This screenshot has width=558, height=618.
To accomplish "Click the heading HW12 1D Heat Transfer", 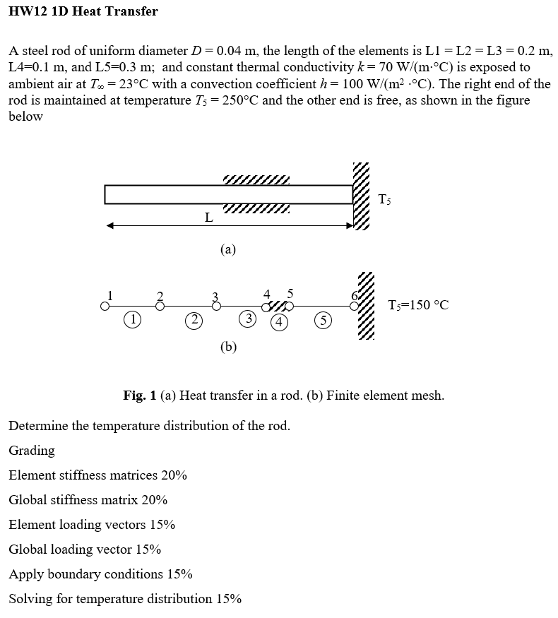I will pos(83,11).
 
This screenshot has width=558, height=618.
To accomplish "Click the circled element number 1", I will pos(131,319).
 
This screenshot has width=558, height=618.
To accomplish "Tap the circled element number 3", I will pos(247,319).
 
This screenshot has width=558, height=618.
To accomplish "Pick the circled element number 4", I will pos(280,322).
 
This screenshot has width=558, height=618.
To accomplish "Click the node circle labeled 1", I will pos(105,307).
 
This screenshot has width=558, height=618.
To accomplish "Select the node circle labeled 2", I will pos(160,307).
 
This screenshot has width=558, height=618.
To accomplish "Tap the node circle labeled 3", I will pos(216,307).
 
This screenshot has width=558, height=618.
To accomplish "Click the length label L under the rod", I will pos(208,218).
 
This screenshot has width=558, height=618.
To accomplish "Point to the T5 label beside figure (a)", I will pos(384,199).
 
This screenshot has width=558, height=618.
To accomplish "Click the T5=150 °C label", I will pos(418,305).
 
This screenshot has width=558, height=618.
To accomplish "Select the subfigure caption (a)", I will pos(228,249).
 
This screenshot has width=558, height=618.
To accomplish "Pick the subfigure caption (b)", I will pos(228,346).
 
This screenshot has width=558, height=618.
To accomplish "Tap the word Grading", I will pos(32,451).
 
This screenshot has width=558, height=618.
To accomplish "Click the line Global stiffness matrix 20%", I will pos(88,500).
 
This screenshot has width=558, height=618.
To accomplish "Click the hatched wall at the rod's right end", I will pos(362,196).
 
